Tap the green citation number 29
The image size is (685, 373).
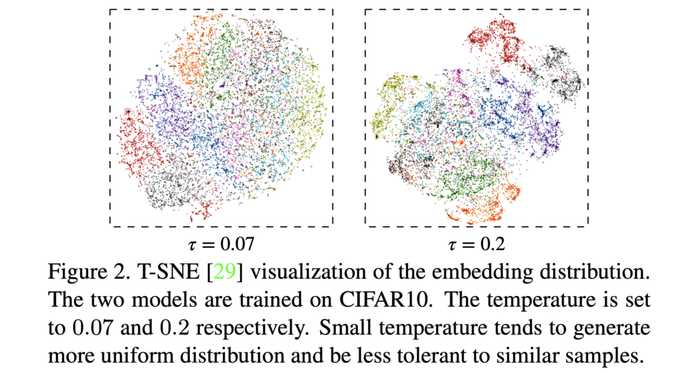[x=221, y=273]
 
